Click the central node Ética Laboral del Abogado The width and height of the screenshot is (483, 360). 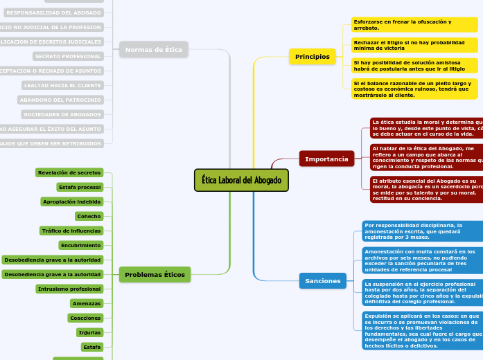[x=241, y=180]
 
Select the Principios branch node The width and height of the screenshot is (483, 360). [x=313, y=56]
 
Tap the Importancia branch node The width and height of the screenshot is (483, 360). [x=326, y=159]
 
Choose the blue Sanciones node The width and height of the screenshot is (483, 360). [x=322, y=280]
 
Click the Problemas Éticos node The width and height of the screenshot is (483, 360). [x=155, y=275]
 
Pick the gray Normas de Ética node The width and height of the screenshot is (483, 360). [x=155, y=49]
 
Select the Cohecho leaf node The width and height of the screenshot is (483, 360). [x=89, y=216]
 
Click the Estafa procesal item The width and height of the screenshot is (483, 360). [x=80, y=187]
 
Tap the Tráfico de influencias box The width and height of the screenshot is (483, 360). [x=71, y=231]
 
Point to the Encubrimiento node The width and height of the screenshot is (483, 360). [x=80, y=245]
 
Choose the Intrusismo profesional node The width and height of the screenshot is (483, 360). [x=69, y=289]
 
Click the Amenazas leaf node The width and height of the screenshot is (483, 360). [x=87, y=303]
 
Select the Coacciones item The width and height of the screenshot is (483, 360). [x=85, y=318]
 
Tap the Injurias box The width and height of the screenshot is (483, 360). [x=89, y=332]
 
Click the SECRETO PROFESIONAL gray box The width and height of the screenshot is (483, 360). [x=68, y=56]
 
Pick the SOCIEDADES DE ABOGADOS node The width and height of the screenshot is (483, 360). [x=62, y=114]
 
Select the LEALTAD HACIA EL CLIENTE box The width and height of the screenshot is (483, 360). [x=62, y=85]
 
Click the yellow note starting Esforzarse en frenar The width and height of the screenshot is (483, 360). [x=414, y=25]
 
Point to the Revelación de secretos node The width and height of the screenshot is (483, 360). [x=69, y=172]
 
